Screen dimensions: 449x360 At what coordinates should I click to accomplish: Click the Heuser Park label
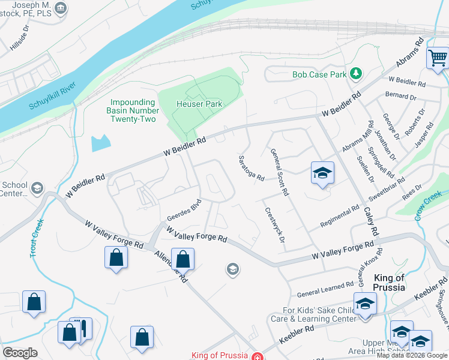(x=199, y=104)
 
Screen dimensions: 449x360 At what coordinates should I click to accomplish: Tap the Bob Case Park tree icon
(x=357, y=74)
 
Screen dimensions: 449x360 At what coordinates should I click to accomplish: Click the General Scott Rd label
(x=280, y=172)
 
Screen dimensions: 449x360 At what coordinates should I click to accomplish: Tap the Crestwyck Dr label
(x=273, y=225)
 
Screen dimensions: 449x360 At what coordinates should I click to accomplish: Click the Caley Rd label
(x=372, y=221)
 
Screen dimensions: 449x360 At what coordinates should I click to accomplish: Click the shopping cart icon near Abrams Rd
(x=438, y=58)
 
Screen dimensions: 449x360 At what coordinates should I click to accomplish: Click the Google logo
(x=20, y=353)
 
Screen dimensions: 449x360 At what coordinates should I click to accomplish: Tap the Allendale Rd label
(x=171, y=266)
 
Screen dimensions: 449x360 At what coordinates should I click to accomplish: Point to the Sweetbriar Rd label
(x=390, y=198)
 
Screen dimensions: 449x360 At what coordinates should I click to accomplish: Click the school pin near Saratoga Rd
(x=322, y=173)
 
